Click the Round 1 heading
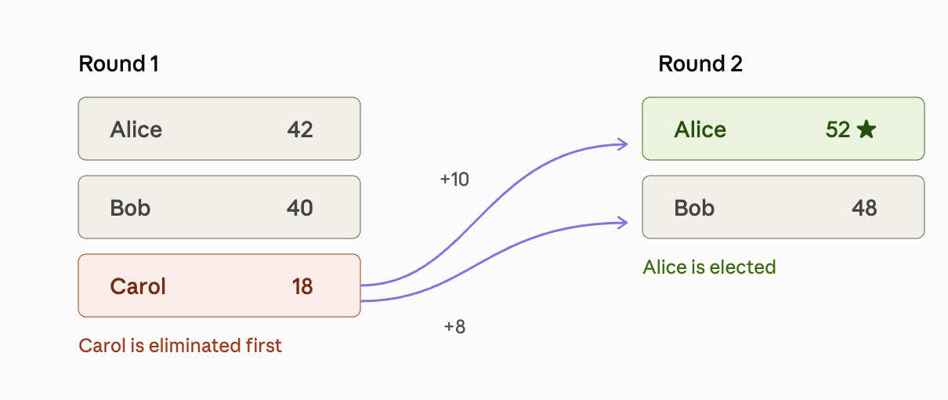point(118,64)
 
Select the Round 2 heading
point(700,64)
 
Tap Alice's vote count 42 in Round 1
point(300,129)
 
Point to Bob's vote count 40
point(300,208)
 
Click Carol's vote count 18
point(302,286)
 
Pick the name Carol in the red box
point(138,286)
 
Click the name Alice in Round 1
point(136,129)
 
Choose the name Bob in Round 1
point(130,208)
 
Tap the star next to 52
point(867,129)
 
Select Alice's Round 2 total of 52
point(838,129)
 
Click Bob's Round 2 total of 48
point(864,208)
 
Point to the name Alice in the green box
point(700,129)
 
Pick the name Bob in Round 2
point(694,208)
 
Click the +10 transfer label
point(454,180)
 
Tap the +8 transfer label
point(454,327)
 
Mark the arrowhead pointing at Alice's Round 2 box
point(623,144)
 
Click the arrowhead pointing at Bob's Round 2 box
point(623,223)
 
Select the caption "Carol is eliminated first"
point(180,345)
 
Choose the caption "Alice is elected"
point(709,267)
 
